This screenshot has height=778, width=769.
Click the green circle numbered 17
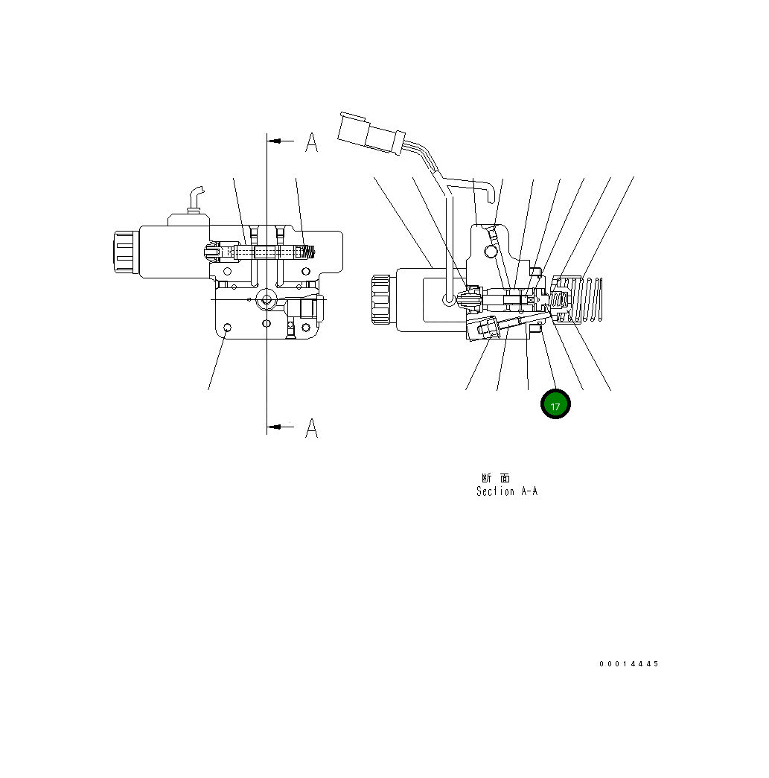pyautogui.click(x=555, y=404)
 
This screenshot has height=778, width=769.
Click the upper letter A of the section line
pyautogui.click(x=312, y=142)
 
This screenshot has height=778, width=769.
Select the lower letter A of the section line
pyautogui.click(x=312, y=427)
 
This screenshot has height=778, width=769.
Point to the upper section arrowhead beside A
pyautogui.click(x=276, y=140)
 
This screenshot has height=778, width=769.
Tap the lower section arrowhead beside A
pyautogui.click(x=276, y=427)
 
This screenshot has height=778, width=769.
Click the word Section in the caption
pyautogui.click(x=495, y=491)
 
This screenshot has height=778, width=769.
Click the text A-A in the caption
pyautogui.click(x=529, y=491)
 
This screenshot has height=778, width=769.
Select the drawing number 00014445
pyautogui.click(x=628, y=664)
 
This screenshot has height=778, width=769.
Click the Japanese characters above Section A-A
pyautogui.click(x=495, y=477)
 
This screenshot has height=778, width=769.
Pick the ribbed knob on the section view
pyautogui.click(x=381, y=300)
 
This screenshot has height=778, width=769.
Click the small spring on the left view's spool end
pyautogui.click(x=308, y=252)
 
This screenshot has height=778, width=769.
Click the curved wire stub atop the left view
pyautogui.click(x=196, y=199)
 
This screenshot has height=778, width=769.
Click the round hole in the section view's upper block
pyautogui.click(x=490, y=252)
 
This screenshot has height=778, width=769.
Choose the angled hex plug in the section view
pyautogui.click(x=485, y=328)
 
